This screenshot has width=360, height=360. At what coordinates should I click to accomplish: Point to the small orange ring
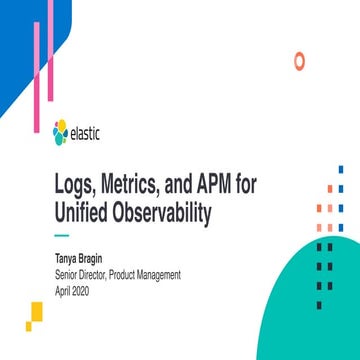point(298,61)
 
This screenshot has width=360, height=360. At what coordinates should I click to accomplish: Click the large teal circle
point(300,300)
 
